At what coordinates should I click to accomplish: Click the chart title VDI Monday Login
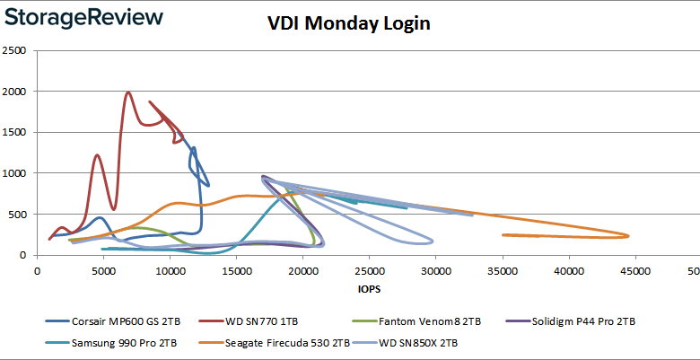point(349,23)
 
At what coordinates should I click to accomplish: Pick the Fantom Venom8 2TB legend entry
point(439,320)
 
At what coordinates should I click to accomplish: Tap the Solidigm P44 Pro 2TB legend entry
point(592,320)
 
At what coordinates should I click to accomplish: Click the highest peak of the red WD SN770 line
point(128,92)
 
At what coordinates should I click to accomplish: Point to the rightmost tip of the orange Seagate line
point(628,236)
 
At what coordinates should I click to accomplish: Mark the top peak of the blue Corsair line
point(193,147)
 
